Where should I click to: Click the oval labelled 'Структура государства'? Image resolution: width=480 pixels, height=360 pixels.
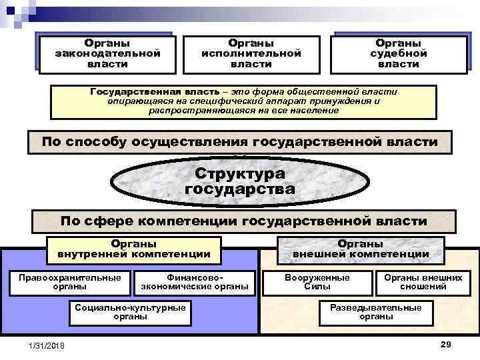click(x=239, y=181)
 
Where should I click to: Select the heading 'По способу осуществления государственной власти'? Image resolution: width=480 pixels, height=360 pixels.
click(x=239, y=142)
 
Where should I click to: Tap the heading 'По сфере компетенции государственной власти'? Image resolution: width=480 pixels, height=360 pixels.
click(x=244, y=221)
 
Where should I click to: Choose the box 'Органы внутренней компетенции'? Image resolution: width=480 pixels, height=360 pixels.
click(x=134, y=249)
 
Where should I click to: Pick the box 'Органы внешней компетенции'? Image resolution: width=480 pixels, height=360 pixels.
click(x=361, y=249)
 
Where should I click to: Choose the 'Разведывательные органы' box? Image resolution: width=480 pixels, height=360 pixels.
click(x=376, y=312)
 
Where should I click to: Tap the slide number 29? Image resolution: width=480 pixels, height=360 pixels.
click(x=446, y=343)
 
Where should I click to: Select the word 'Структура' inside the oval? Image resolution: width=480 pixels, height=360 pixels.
click(x=239, y=173)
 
